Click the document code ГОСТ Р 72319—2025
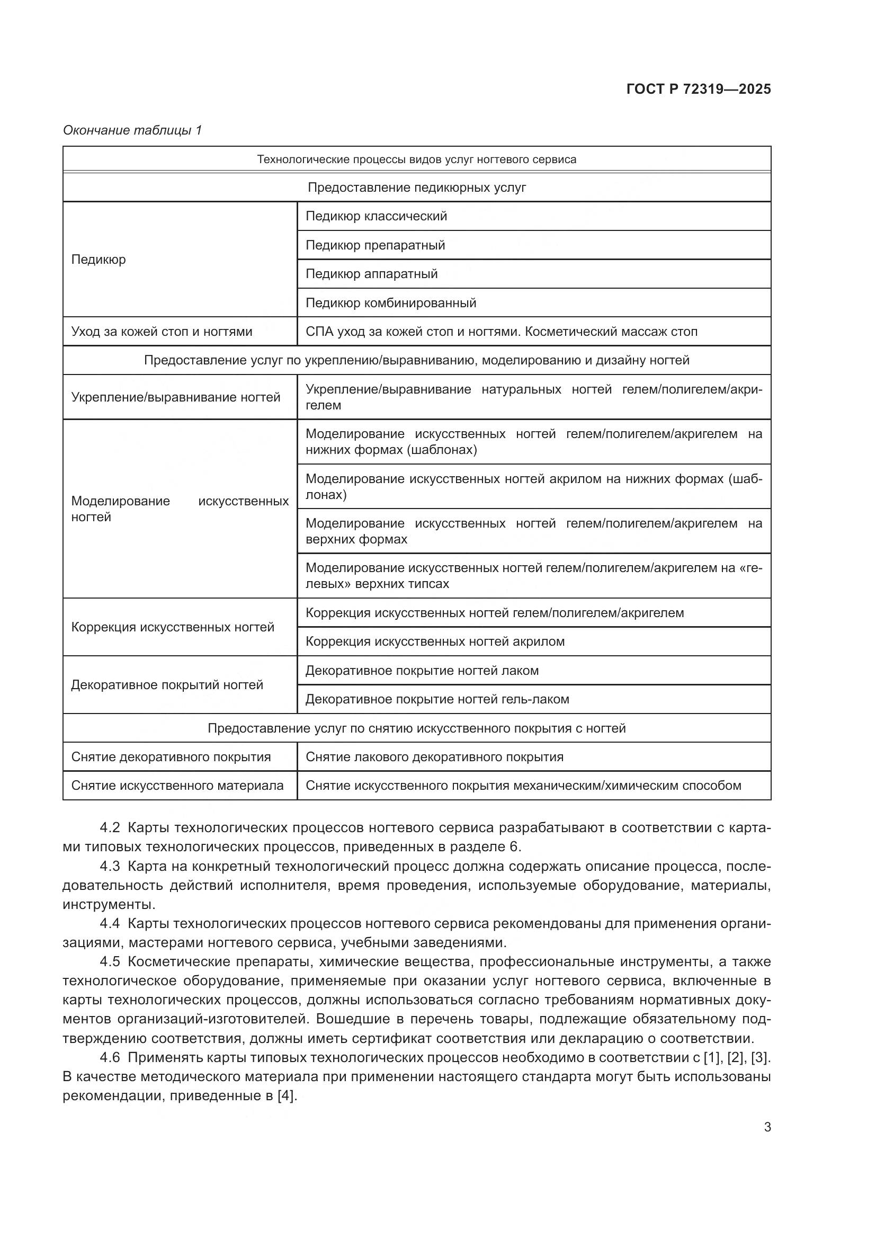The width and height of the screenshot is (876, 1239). coord(699,89)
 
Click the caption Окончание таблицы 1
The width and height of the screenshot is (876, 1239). coord(132,130)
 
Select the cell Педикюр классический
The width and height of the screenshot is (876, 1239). coord(376,217)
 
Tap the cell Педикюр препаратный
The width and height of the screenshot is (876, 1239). coord(375,246)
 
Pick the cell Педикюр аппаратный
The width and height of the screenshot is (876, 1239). coord(371,274)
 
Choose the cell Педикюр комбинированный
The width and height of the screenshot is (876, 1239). coord(390,304)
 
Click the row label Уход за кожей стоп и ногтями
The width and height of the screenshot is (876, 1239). coord(162,332)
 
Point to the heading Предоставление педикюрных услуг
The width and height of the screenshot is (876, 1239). coord(416,188)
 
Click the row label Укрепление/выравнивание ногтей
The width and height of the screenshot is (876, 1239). coord(175,398)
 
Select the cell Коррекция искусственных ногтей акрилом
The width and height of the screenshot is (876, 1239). coord(435,641)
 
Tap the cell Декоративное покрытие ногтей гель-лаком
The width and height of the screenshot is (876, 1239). coord(437,699)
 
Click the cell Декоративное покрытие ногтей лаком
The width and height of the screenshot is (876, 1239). coord(422,671)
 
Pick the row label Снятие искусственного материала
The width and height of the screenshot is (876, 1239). coord(177,786)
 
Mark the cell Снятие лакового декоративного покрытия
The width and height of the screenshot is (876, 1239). coord(434,757)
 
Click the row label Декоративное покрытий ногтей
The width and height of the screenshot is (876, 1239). coord(167,685)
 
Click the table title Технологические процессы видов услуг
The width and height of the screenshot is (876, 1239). coord(416,160)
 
